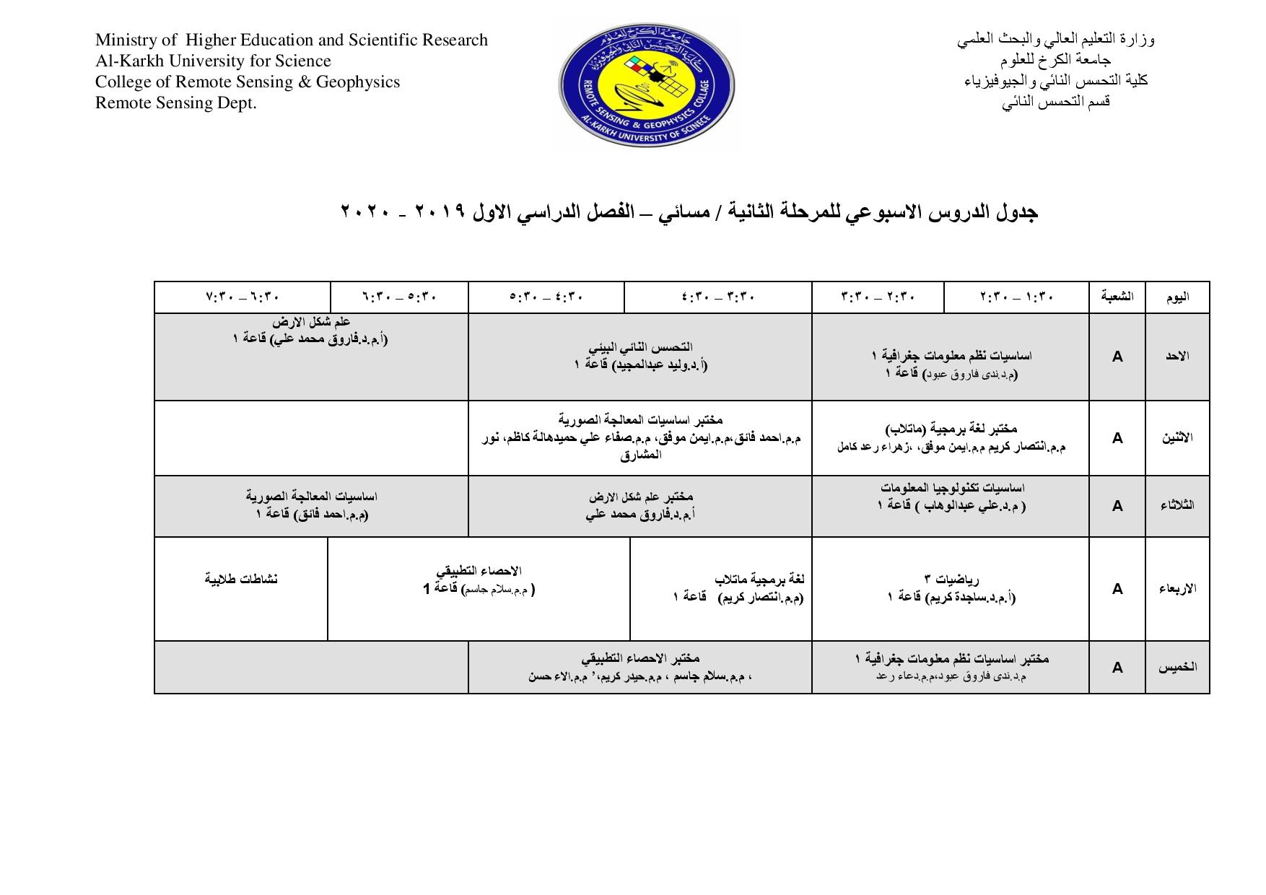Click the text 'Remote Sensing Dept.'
pyautogui.click(x=176, y=103)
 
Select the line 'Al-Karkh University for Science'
pyautogui.click(x=213, y=61)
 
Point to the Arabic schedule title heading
pyautogui.click(x=689, y=212)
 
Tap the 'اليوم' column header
pyautogui.click(x=1177, y=297)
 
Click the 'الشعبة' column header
pyautogui.click(x=1117, y=297)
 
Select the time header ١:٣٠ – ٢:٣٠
pyautogui.click(x=1016, y=297)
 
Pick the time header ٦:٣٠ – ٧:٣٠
pyautogui.click(x=243, y=297)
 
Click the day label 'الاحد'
pyautogui.click(x=1177, y=357)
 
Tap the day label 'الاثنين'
pyautogui.click(x=1177, y=438)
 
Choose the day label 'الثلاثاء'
pyautogui.click(x=1177, y=505)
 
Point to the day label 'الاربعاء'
pyautogui.click(x=1177, y=589)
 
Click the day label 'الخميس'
pyautogui.click(x=1177, y=668)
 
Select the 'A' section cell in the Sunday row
pyautogui.click(x=1117, y=357)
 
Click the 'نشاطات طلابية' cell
pyautogui.click(x=241, y=580)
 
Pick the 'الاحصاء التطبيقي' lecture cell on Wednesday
pyautogui.click(x=479, y=580)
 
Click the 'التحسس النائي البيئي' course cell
pyautogui.click(x=640, y=357)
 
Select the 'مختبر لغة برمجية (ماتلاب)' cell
pyautogui.click(x=951, y=437)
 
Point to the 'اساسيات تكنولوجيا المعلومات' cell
pyautogui.click(x=951, y=497)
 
